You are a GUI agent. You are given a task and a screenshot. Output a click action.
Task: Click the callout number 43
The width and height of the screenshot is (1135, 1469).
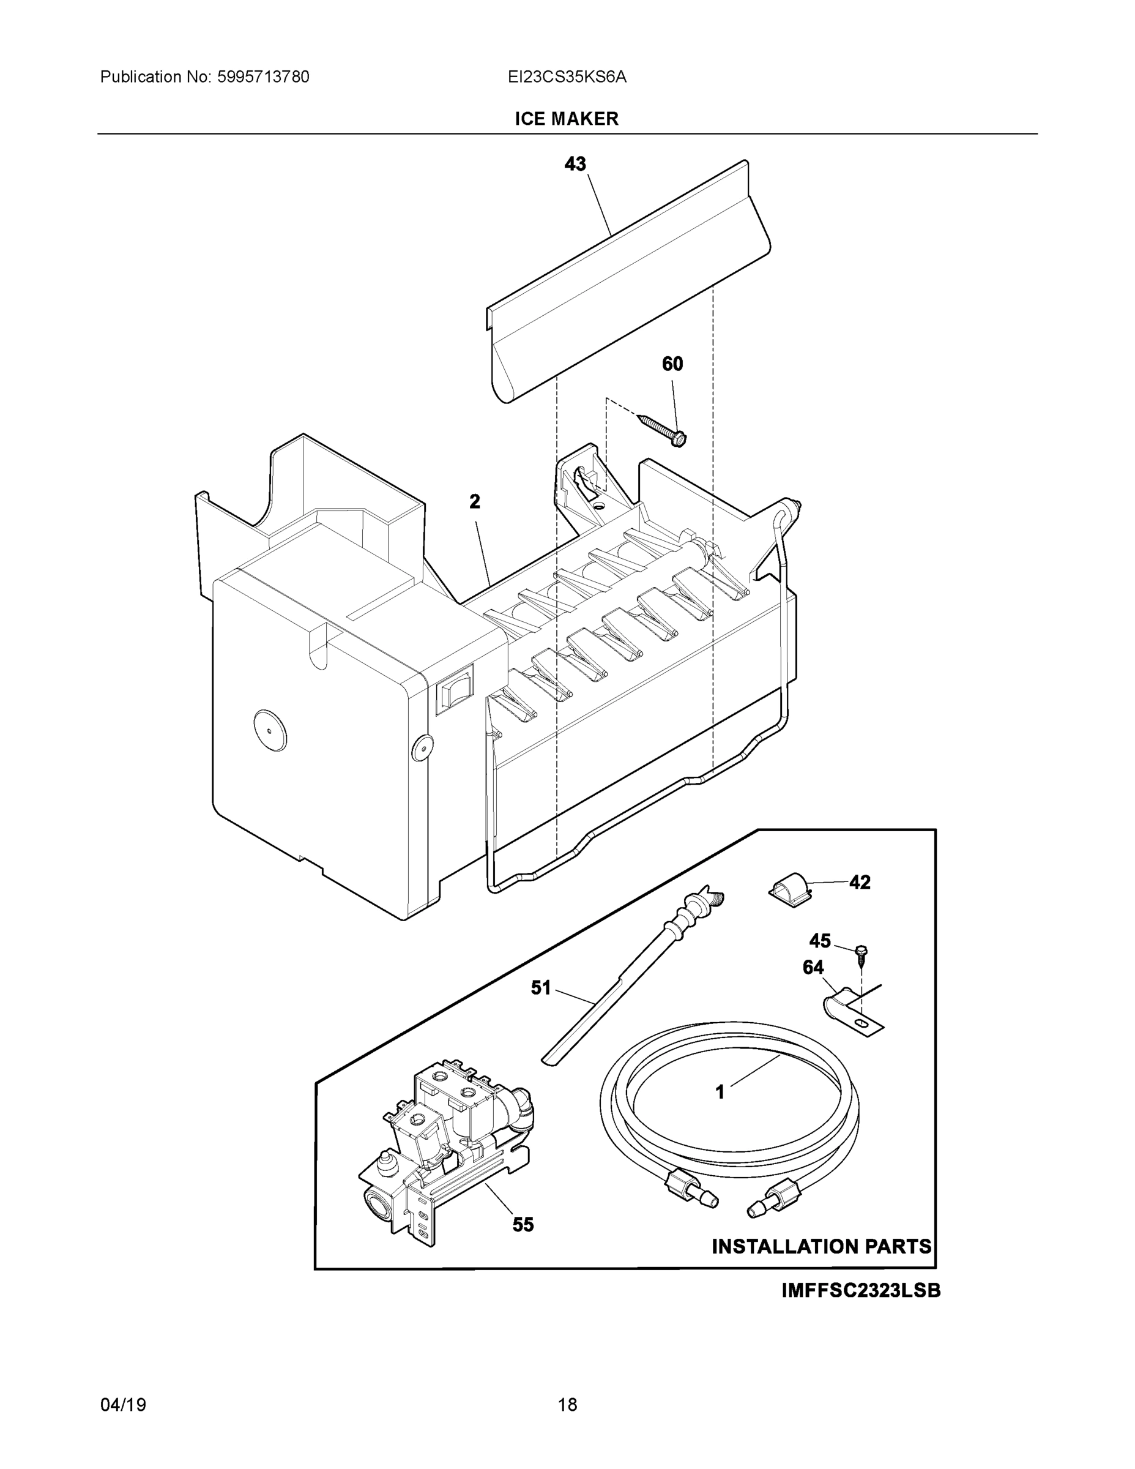pos(575,163)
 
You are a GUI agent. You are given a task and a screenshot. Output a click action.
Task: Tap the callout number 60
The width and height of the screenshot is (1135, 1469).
pos(672,364)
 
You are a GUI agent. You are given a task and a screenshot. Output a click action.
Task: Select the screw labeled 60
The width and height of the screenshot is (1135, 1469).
pos(661,429)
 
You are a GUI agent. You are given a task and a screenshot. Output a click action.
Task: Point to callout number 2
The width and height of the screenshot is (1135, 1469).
pos(475,501)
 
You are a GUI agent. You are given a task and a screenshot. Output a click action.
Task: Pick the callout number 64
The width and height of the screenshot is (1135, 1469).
pos(813,967)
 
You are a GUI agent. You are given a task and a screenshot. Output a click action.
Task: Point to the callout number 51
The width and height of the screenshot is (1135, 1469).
pos(541,987)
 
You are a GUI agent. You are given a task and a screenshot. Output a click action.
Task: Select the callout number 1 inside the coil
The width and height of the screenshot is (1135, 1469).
pos(720,1093)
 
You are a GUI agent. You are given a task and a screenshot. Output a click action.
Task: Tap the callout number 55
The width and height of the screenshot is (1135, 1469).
pos(523,1225)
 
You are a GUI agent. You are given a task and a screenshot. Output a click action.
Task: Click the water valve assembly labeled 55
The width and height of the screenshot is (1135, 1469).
pos(444,1143)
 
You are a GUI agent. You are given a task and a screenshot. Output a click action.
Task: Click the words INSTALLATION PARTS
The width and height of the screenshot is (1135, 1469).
pos(821,1246)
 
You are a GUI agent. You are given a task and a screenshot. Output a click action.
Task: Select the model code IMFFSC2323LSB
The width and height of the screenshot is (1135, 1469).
pos(861,1291)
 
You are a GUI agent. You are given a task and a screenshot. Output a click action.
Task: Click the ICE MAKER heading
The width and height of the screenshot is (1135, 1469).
pos(566,119)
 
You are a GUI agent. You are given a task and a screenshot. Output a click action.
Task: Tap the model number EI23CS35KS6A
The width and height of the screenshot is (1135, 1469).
pos(567,77)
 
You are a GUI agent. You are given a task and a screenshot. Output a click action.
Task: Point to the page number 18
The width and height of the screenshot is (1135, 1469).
pos(567,1405)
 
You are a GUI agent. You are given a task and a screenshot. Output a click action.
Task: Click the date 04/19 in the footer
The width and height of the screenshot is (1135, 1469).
pos(123,1405)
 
